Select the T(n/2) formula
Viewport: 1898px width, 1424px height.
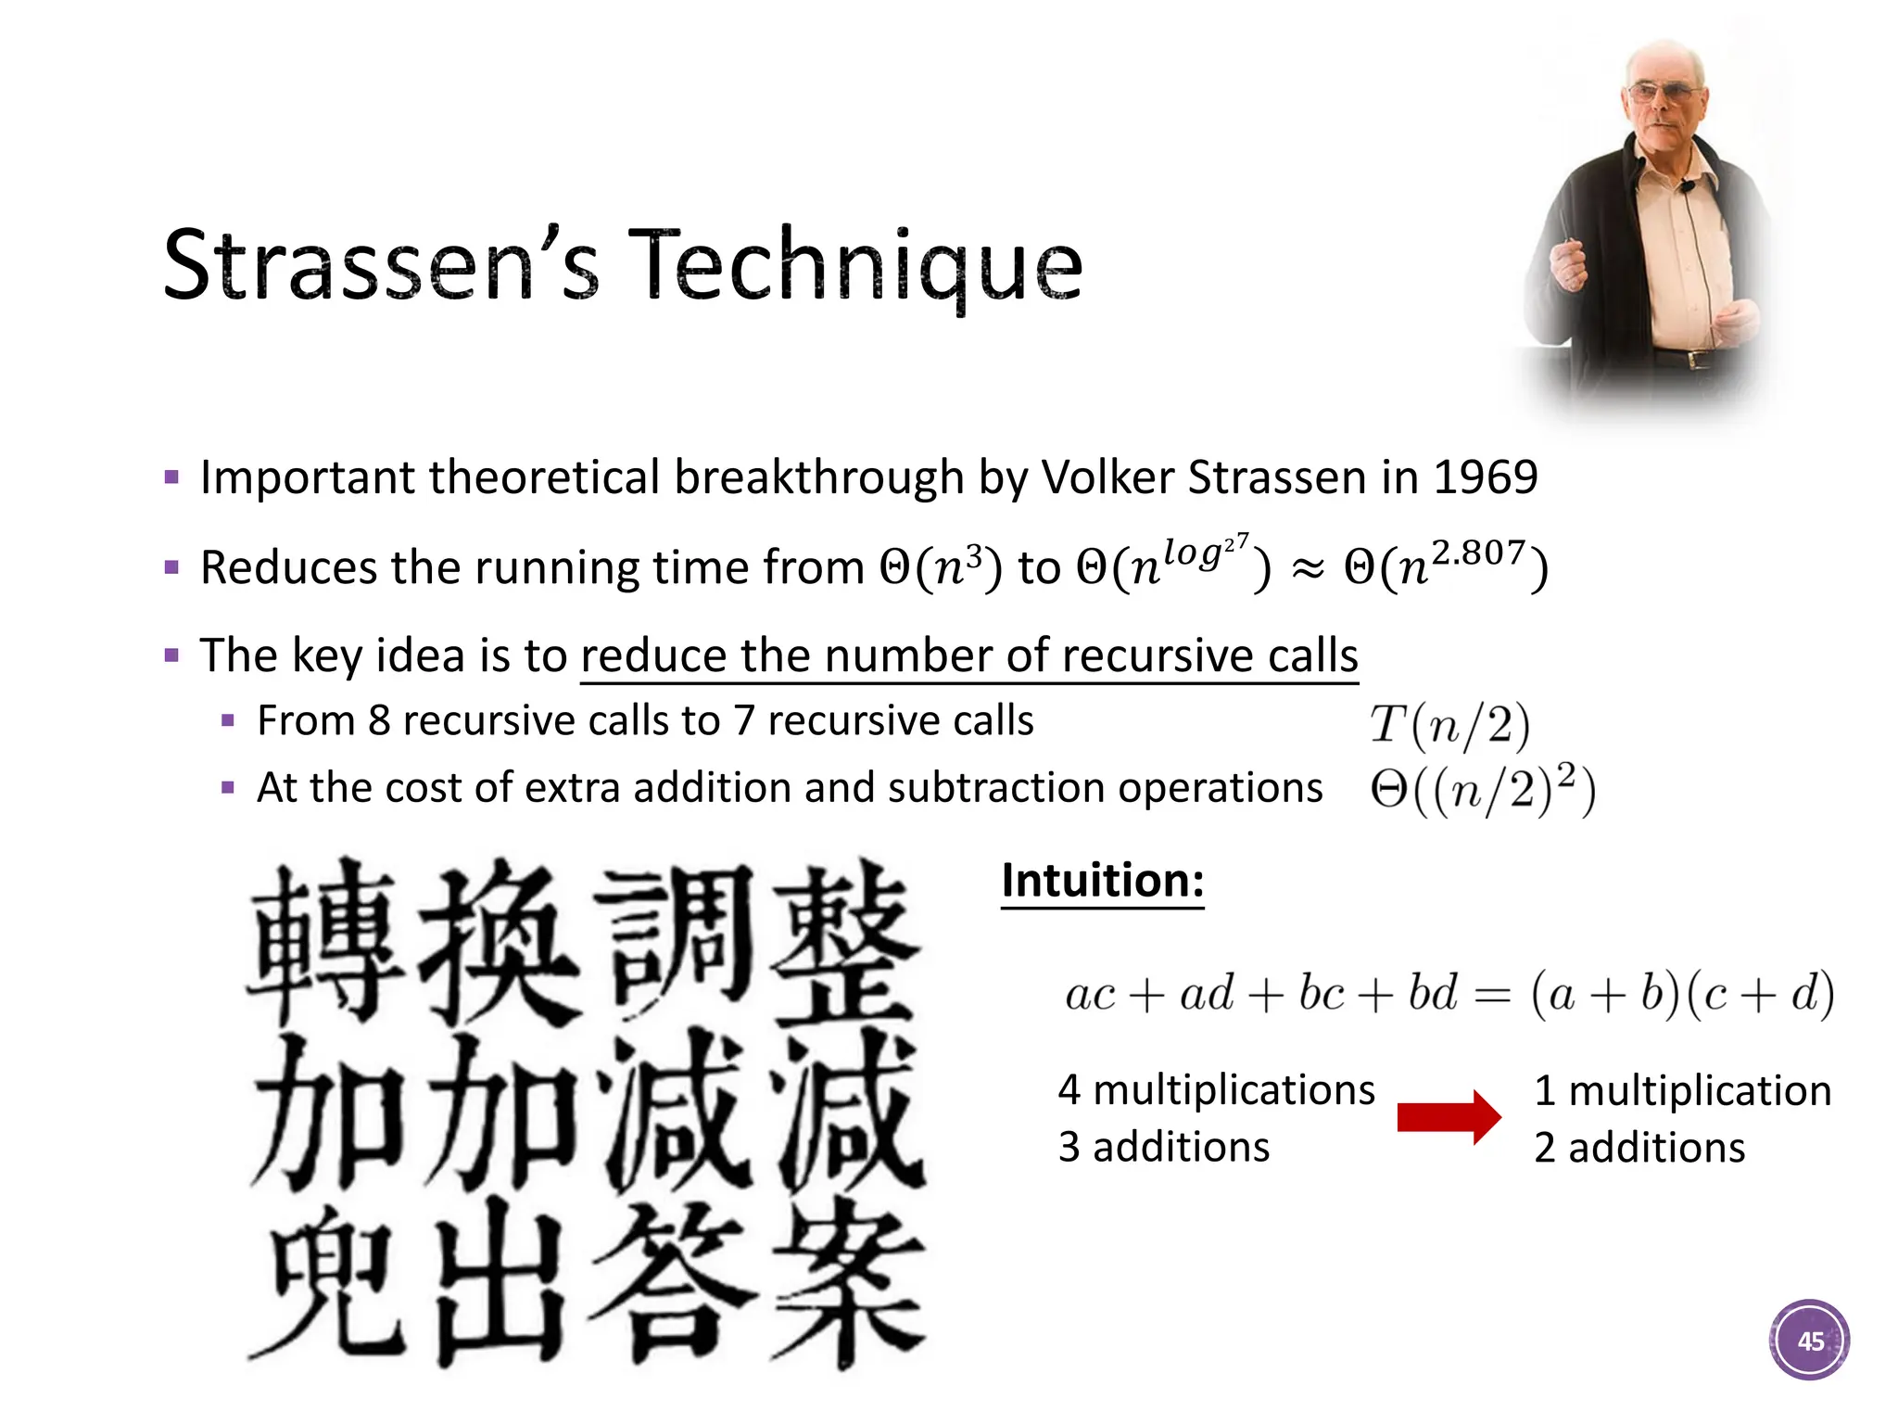1449,725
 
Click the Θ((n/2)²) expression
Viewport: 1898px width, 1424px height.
1483,790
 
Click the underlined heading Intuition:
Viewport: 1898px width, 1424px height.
1102,880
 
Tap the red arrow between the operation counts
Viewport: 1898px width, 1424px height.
1449,1117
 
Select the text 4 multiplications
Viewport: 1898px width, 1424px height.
1216,1089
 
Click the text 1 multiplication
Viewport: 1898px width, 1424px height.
1682,1090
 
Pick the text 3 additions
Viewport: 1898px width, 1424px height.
1164,1147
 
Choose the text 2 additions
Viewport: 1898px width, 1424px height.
1639,1148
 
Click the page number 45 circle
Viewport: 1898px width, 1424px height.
1809,1341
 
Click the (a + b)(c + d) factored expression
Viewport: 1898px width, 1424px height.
1682,994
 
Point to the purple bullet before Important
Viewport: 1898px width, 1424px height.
171,478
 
